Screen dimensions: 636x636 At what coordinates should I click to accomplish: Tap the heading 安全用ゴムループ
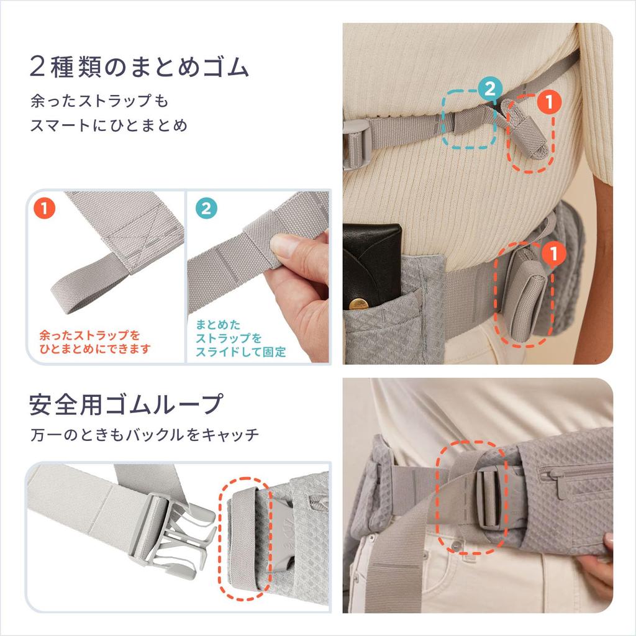click(x=125, y=404)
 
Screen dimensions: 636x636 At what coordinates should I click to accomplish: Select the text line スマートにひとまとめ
click(x=109, y=125)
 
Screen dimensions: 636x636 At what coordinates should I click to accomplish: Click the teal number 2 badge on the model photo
click(x=489, y=89)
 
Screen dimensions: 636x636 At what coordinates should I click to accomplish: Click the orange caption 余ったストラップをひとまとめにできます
click(x=94, y=342)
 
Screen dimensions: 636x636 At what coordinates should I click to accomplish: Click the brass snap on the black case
click(x=358, y=304)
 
